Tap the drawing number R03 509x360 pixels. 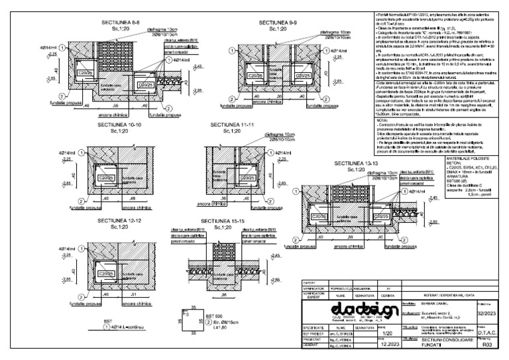tap(487, 345)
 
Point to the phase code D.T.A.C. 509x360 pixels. tap(487, 333)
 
